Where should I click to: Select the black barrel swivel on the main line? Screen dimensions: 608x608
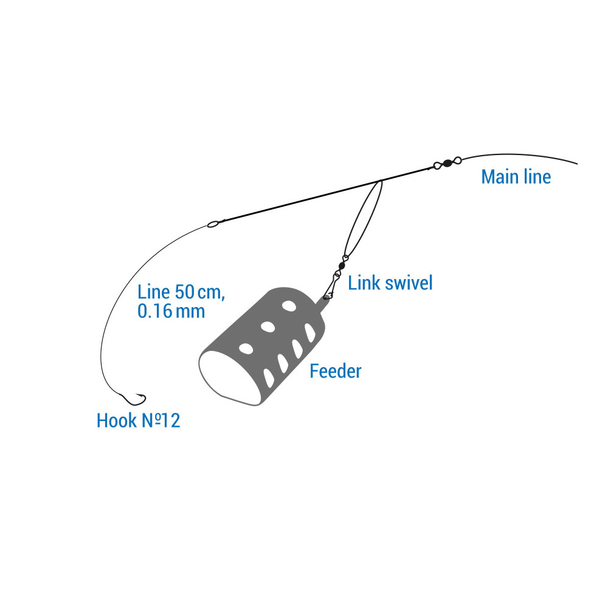click(x=447, y=162)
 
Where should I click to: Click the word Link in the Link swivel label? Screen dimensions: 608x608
click(x=363, y=283)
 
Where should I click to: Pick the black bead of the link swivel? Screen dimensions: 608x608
click(x=342, y=265)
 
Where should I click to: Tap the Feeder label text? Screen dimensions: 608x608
click(x=335, y=371)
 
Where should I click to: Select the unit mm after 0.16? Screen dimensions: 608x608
click(x=191, y=312)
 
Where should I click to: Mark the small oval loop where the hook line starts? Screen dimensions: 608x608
click(x=212, y=224)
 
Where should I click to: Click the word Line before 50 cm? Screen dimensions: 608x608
click(x=153, y=291)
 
